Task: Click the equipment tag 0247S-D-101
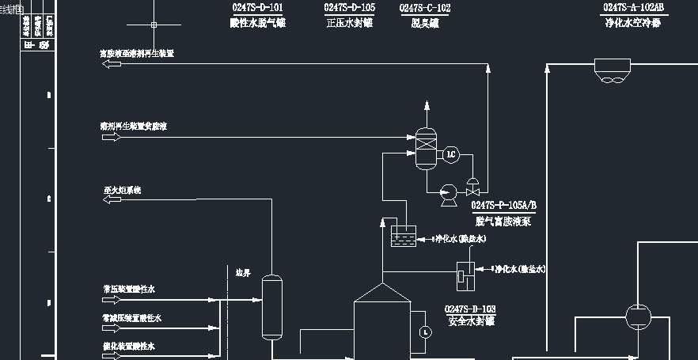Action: point(257,8)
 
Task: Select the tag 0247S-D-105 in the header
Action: point(349,8)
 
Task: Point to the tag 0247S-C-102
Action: point(425,8)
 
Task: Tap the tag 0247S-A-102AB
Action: point(634,8)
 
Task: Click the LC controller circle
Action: point(452,153)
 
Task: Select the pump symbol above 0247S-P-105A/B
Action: point(447,191)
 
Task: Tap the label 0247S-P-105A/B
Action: point(504,207)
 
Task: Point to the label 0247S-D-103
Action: point(470,309)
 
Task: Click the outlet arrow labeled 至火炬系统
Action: point(112,199)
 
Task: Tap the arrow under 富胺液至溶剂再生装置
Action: point(112,64)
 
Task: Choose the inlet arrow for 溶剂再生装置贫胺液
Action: point(112,137)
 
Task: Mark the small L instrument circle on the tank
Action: point(425,331)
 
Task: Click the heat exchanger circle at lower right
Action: point(636,317)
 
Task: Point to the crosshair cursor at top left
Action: point(154,25)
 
